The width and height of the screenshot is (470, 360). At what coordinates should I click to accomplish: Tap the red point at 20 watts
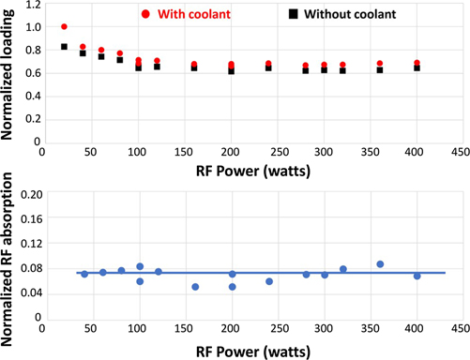(x=64, y=27)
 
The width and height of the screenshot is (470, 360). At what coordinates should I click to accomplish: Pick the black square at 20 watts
(x=64, y=47)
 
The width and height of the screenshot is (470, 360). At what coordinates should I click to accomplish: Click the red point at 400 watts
(x=417, y=63)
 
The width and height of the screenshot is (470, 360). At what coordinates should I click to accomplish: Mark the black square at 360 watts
(x=380, y=69)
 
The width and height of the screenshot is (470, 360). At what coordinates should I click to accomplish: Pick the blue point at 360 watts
(x=380, y=264)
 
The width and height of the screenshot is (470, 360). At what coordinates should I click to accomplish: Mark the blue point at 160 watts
(x=195, y=287)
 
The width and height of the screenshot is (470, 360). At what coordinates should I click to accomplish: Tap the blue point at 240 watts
(x=269, y=281)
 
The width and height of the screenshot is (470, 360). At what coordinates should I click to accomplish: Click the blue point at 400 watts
(x=417, y=276)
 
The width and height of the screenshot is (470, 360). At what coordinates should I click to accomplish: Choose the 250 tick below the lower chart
(x=269, y=329)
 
